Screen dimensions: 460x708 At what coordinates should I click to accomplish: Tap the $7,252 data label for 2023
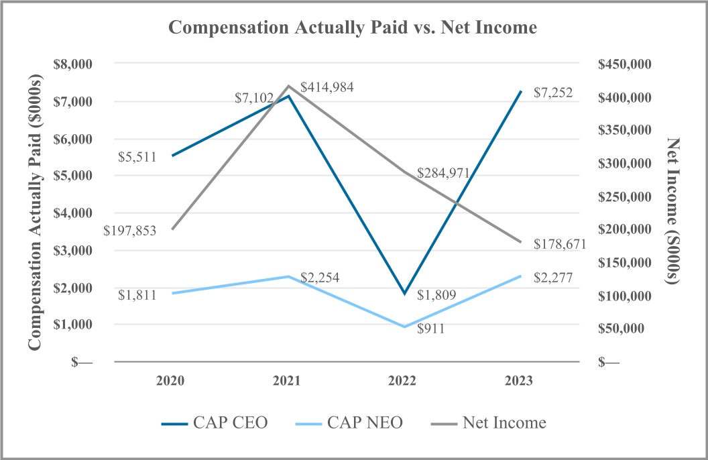click(553, 93)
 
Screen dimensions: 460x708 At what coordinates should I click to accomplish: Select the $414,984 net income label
click(327, 87)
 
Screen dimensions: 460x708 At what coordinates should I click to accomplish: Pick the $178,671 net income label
click(559, 244)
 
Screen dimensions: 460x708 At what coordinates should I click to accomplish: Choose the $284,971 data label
click(442, 174)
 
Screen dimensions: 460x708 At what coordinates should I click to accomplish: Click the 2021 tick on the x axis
click(286, 381)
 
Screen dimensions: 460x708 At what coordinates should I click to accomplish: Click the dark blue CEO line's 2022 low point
click(404, 293)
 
